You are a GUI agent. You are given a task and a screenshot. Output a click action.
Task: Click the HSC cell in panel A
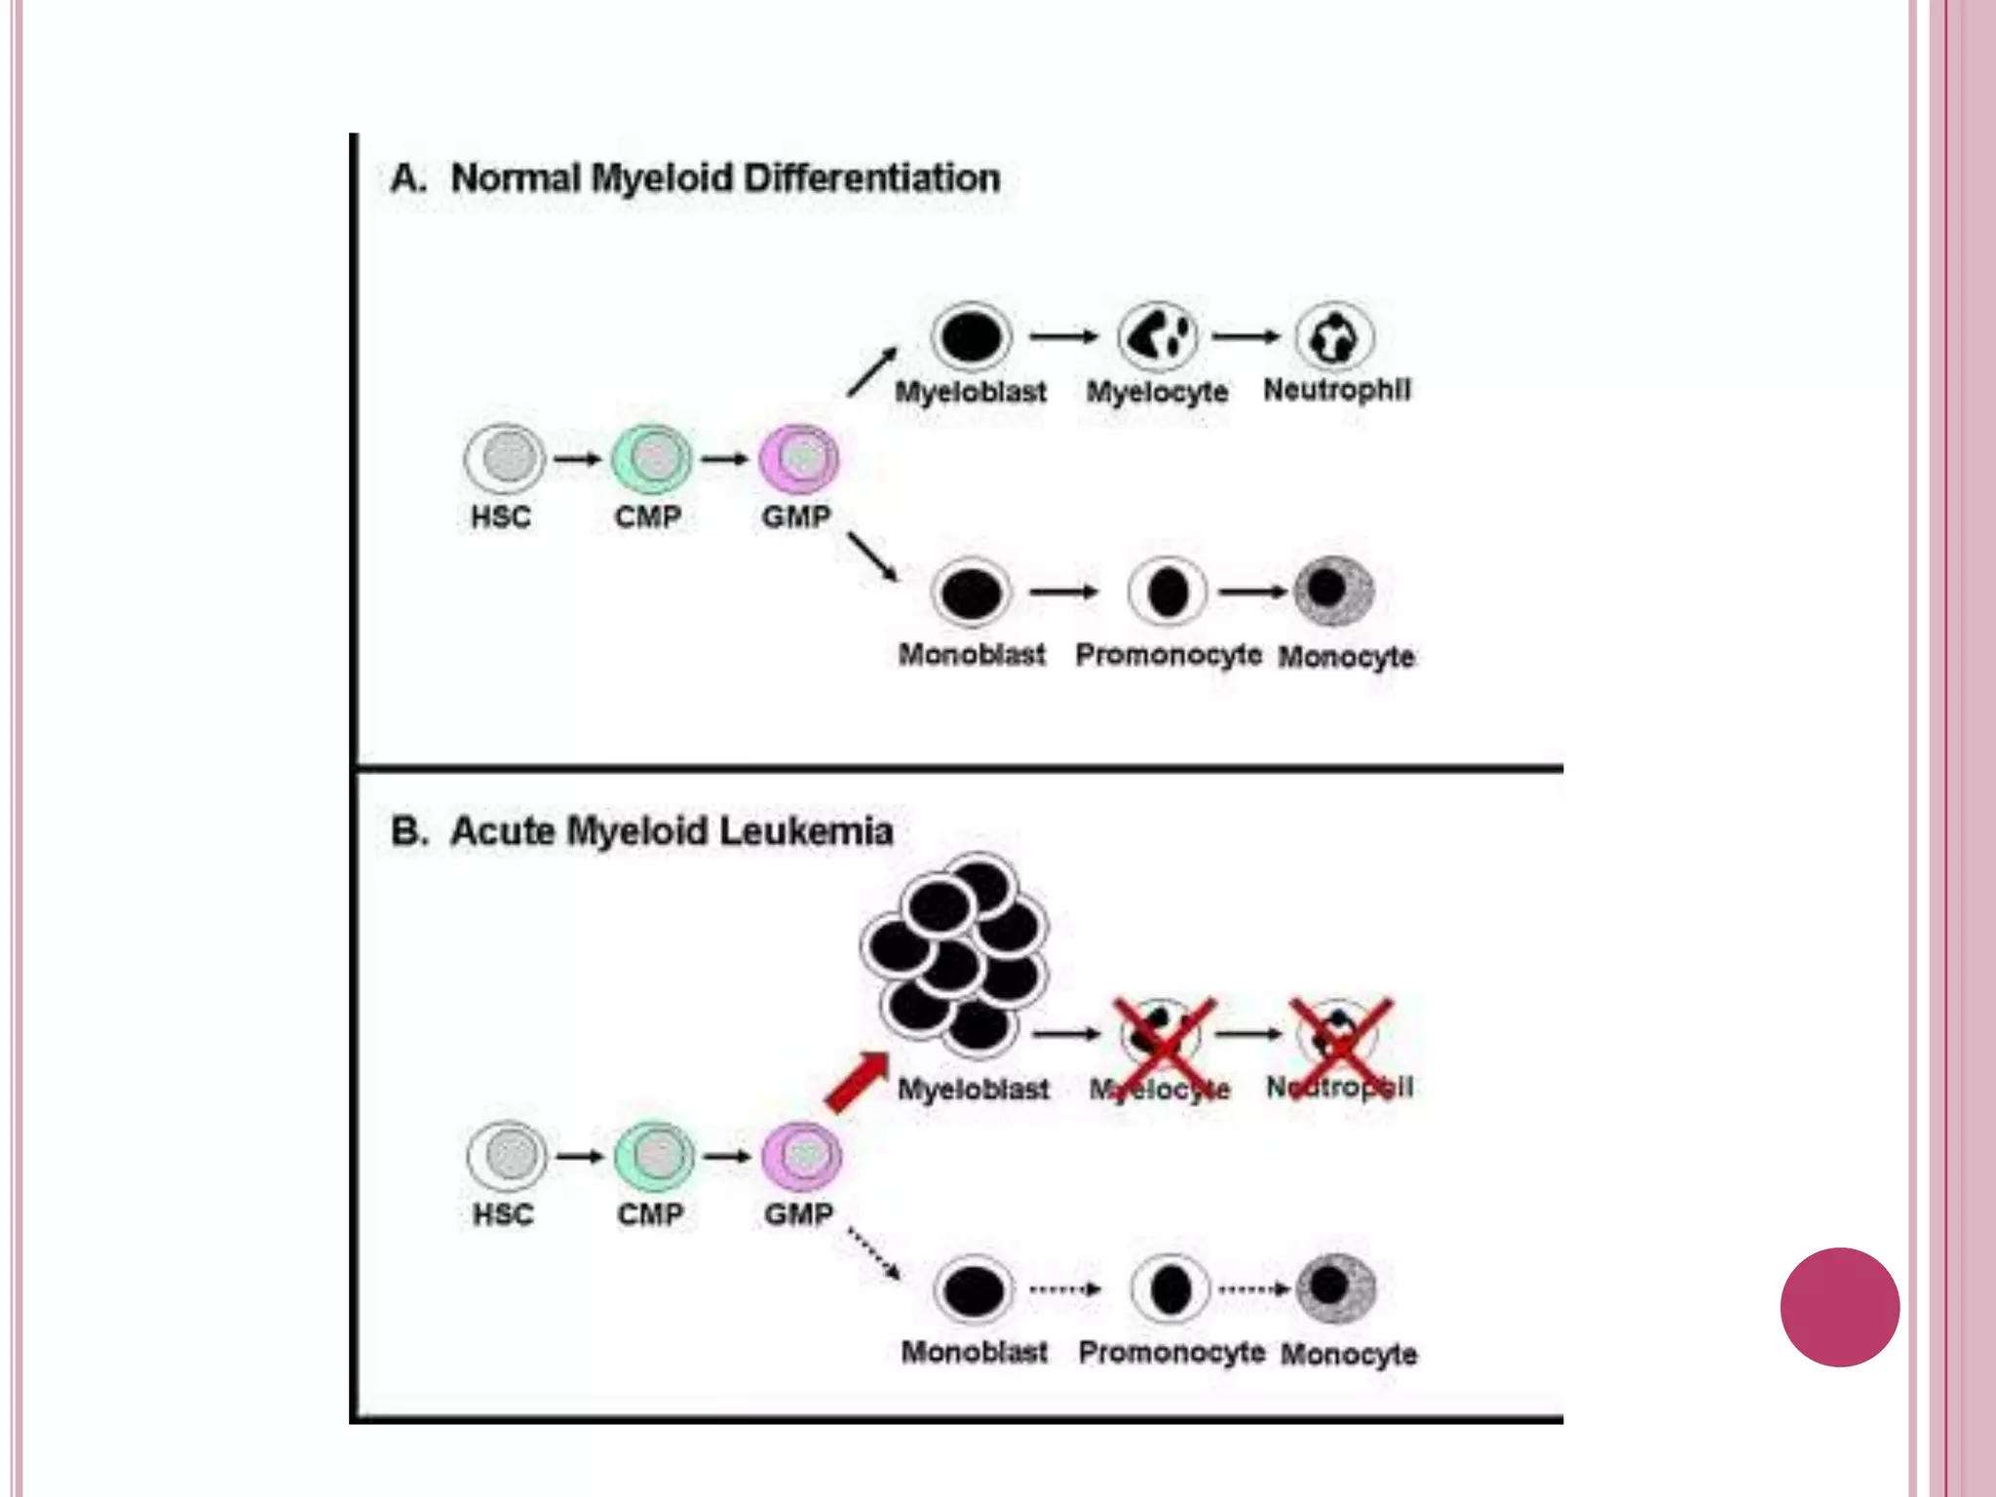505,458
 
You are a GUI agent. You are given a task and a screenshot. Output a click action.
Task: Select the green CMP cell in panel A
652,458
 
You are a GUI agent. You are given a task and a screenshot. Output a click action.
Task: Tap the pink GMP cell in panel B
801,1156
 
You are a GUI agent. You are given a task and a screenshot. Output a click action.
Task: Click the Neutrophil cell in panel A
1334,337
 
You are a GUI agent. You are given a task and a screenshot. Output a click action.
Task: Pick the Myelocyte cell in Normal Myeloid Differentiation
1158,336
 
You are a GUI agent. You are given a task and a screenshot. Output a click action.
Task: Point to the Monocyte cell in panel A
1334,591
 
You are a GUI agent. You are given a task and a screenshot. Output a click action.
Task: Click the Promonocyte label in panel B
1171,1352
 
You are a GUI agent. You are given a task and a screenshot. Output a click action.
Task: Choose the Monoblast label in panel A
972,654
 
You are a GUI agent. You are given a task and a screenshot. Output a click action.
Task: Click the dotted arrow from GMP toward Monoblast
873,1252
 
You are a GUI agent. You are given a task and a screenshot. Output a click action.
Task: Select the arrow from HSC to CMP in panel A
578,459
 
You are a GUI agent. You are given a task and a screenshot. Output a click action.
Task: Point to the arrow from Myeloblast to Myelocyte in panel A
1063,336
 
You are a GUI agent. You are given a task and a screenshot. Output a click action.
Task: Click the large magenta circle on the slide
1839,1307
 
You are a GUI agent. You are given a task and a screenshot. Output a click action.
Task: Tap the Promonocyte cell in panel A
1168,592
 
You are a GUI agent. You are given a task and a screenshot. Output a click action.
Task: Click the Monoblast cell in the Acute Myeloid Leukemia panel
974,1289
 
